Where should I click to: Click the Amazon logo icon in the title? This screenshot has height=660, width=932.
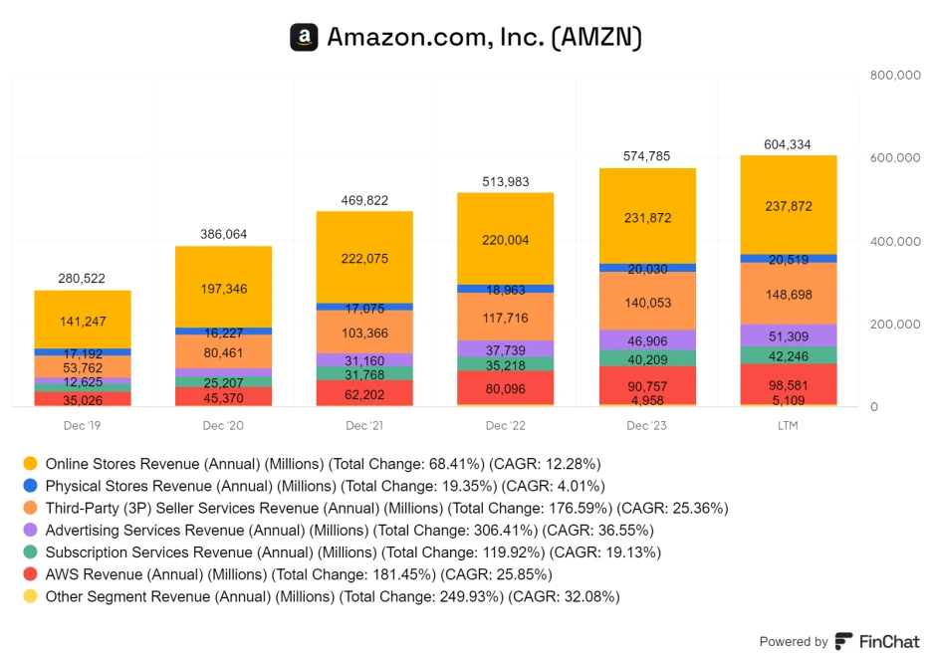pyautogui.click(x=304, y=37)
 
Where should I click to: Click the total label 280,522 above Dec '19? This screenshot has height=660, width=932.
pyautogui.click(x=83, y=278)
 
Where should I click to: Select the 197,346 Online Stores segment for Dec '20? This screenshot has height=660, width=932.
pyautogui.click(x=223, y=288)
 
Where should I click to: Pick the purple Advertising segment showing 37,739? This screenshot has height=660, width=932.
pyautogui.click(x=505, y=348)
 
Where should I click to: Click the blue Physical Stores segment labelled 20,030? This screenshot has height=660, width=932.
pyautogui.click(x=646, y=268)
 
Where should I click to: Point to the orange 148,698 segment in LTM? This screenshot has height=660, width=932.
pyautogui.click(x=788, y=294)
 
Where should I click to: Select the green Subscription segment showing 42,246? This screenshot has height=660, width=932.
pyautogui.click(x=788, y=355)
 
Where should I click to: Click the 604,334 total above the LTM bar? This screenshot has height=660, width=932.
pyautogui.click(x=788, y=144)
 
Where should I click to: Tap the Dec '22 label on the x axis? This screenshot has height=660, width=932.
pyautogui.click(x=506, y=426)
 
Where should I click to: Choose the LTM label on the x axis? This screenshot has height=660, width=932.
pyautogui.click(x=788, y=426)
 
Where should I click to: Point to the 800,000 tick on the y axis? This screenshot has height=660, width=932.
pyautogui.click(x=894, y=75)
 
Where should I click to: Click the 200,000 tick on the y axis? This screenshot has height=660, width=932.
pyautogui.click(x=894, y=325)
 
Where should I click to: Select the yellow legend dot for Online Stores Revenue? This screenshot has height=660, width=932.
pyautogui.click(x=30, y=463)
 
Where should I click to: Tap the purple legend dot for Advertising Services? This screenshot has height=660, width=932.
pyautogui.click(x=30, y=530)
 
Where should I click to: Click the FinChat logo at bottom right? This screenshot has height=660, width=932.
pyautogui.click(x=877, y=641)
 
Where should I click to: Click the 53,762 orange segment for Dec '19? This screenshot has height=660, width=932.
pyautogui.click(x=83, y=366)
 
